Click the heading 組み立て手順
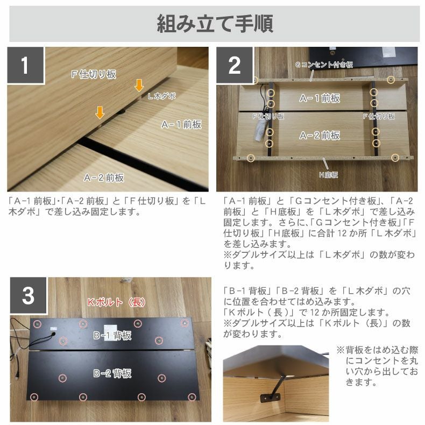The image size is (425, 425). point(215,24)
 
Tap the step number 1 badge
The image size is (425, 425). point(26,65)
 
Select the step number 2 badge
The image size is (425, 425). point(235,65)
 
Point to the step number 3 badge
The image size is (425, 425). point(29,295)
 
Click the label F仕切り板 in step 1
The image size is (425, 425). point(94,74)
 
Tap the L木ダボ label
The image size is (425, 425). point(161,96)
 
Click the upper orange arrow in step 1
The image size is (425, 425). point(139,85)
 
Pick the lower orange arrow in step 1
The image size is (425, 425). point(100,112)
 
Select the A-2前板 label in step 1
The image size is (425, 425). point(104,178)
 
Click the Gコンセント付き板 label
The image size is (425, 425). point(324,65)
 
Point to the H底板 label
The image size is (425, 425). point(329,175)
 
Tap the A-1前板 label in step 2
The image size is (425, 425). point(320,98)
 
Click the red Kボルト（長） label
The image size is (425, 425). point(116,302)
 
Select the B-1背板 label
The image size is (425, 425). point(112,336)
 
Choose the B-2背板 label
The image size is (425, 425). point(112,373)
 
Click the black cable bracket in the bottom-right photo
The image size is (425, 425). point(270,398)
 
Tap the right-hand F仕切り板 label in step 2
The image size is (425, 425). point(379,117)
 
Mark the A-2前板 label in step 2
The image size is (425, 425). point(320,135)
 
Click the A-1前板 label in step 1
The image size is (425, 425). point(181,124)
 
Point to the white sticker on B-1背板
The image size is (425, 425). point(111,330)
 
